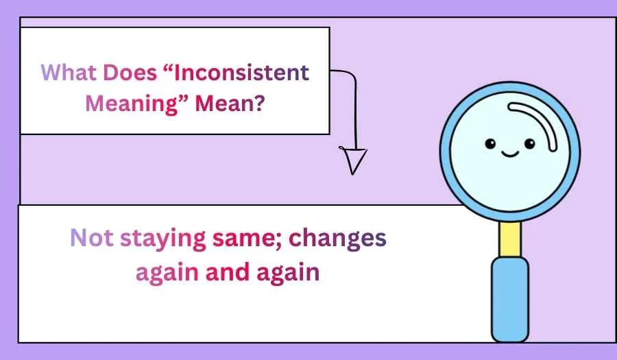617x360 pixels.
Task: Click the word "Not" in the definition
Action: click(x=93, y=238)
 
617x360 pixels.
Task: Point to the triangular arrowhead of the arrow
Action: click(x=354, y=159)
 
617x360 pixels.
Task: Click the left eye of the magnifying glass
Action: click(x=490, y=143)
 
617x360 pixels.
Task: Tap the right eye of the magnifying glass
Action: click(x=529, y=143)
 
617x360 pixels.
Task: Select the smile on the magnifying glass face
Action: click(x=509, y=153)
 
